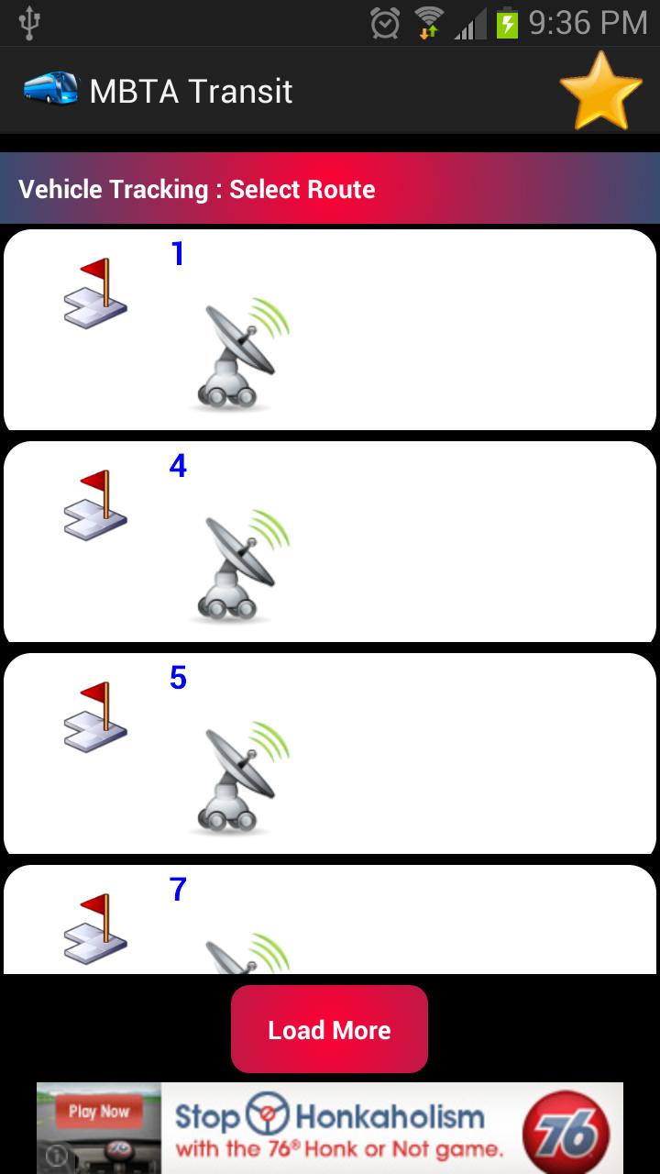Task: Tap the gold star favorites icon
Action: point(600,92)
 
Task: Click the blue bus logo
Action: point(50,88)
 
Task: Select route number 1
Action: point(178,254)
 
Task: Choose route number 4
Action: point(178,465)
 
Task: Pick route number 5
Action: point(178,677)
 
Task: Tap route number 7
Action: point(178,889)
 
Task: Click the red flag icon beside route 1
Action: point(95,293)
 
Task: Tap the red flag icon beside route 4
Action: point(95,505)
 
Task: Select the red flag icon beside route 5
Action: point(95,717)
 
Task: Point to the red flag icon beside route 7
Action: point(95,929)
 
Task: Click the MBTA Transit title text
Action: point(191,91)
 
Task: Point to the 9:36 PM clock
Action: point(588,23)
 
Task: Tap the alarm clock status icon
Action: point(385,23)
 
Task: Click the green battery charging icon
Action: point(507,23)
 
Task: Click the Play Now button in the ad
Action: point(98,1112)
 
